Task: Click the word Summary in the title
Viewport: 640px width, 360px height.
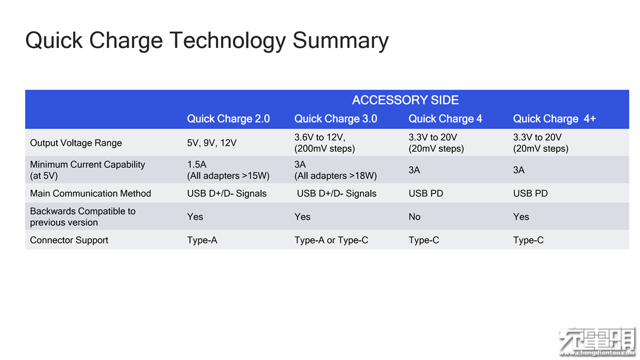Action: [x=340, y=41]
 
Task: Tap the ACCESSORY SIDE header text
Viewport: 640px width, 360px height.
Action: [x=405, y=100]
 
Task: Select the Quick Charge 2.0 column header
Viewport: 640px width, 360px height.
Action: [x=228, y=118]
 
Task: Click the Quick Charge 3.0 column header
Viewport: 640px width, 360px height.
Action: [x=335, y=118]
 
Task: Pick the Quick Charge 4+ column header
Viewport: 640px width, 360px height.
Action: [x=554, y=118]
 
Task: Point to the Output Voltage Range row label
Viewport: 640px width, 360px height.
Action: [x=76, y=142]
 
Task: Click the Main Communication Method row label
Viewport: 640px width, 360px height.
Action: [x=90, y=194]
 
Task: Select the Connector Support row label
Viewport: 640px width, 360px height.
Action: [x=69, y=240]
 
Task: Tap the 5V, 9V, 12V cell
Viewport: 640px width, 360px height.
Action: [x=212, y=142]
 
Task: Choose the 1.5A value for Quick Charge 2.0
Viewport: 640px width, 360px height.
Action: [x=197, y=164]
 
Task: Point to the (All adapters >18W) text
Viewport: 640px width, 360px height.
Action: [x=335, y=175]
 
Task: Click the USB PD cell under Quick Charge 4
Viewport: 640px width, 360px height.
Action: [x=426, y=194]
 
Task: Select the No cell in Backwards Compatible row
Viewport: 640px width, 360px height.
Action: [x=414, y=217]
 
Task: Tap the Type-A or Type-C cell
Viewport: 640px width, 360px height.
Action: [x=331, y=240]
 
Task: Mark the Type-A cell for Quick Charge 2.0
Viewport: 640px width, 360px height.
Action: [x=202, y=240]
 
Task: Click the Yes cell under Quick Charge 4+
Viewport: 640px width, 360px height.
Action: [x=521, y=217]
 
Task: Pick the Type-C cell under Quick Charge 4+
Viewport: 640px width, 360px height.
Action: [x=529, y=240]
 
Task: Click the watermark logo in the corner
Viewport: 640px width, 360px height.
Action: [x=597, y=342]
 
